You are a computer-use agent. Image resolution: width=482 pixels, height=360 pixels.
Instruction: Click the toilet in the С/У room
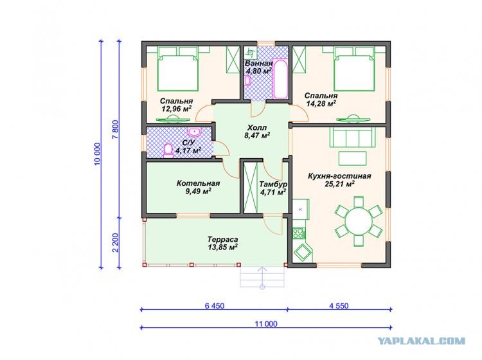point(168,150)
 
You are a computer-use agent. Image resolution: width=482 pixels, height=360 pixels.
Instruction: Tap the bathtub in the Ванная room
point(280,78)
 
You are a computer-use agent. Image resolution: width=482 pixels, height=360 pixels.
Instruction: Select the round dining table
point(359,221)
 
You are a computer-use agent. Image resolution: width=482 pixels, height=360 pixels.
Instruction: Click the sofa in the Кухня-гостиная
point(352,137)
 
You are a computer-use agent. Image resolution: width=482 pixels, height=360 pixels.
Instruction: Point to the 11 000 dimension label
point(266,324)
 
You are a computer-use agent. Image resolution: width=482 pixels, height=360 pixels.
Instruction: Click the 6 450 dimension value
point(214,306)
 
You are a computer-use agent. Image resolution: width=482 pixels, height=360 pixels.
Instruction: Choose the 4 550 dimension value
point(339,306)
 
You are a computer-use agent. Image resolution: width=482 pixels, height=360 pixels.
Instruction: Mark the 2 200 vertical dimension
point(115,242)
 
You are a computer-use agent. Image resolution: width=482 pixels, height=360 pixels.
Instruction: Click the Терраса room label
point(222,239)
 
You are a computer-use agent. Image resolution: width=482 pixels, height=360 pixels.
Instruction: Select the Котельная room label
point(199,183)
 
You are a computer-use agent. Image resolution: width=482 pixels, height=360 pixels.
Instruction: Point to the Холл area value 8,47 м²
point(257,135)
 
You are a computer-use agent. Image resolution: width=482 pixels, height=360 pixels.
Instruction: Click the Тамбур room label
point(273,184)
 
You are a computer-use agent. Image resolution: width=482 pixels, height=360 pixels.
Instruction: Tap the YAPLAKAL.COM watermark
point(421,341)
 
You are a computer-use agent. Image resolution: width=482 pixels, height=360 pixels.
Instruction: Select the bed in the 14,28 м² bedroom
point(354,69)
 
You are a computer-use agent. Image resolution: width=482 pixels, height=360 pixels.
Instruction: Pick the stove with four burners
point(298,233)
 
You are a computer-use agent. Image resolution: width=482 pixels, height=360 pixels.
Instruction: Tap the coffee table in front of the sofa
point(352,159)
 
